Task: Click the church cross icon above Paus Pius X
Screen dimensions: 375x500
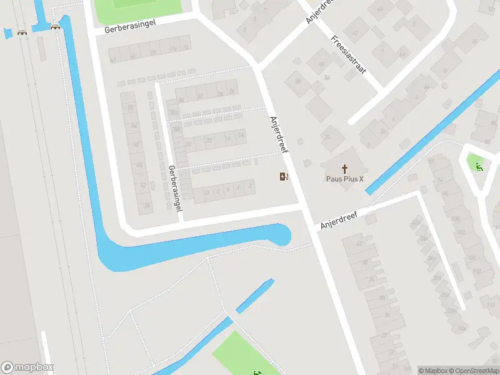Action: tap(344, 168)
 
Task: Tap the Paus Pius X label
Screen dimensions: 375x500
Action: tap(344, 179)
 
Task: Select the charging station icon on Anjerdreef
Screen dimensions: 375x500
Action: tap(284, 176)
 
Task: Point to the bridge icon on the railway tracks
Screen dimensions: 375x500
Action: tap(22, 32)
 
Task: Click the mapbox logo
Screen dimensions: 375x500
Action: tap(27, 367)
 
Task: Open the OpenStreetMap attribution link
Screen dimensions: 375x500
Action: tap(472, 371)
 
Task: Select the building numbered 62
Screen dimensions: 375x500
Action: tap(355, 32)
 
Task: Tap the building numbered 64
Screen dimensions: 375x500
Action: tap(381, 9)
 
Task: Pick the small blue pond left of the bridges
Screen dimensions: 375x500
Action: tap(7, 34)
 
